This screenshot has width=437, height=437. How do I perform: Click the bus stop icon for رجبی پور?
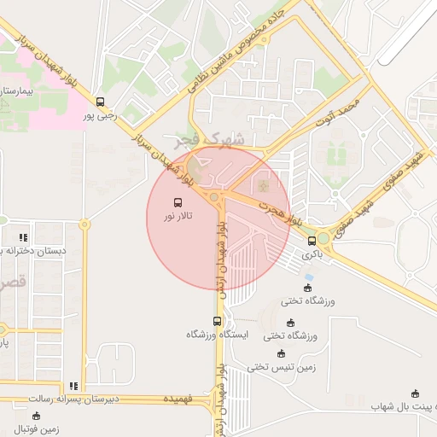(x=101, y=102)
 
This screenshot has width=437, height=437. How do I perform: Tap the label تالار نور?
(x=178, y=217)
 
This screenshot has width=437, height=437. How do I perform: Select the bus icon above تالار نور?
(x=178, y=203)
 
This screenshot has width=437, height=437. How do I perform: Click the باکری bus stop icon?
(x=312, y=241)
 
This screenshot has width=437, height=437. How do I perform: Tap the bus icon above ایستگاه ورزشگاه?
(x=217, y=322)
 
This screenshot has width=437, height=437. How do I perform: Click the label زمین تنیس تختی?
(x=282, y=367)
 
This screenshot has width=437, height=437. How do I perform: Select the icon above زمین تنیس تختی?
(x=281, y=353)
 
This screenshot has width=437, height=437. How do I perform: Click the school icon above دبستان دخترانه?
(x=24, y=237)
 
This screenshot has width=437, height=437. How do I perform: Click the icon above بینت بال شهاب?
(x=416, y=393)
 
